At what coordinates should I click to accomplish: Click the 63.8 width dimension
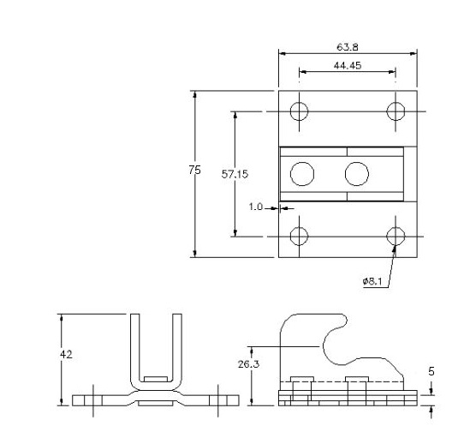tap(348, 47)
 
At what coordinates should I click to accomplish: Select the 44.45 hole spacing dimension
tap(348, 65)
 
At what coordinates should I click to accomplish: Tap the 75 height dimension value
tap(194, 171)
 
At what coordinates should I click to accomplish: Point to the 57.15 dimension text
tap(235, 174)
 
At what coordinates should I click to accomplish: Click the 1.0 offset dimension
tap(256, 207)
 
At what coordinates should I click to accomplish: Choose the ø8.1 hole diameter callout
tap(372, 281)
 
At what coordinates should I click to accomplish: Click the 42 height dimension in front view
tap(66, 355)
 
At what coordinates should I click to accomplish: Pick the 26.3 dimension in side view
tap(248, 364)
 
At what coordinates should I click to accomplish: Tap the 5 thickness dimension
tap(431, 372)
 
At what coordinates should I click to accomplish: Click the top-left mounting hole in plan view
tap(299, 111)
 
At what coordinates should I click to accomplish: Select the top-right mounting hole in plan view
tap(396, 111)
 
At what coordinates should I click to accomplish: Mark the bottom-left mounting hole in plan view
tap(299, 237)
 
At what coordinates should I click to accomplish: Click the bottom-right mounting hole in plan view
tap(396, 237)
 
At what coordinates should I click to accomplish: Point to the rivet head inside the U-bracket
tap(156, 379)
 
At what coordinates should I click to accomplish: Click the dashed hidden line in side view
tap(342, 382)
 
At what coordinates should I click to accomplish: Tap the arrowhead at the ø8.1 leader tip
tap(395, 249)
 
